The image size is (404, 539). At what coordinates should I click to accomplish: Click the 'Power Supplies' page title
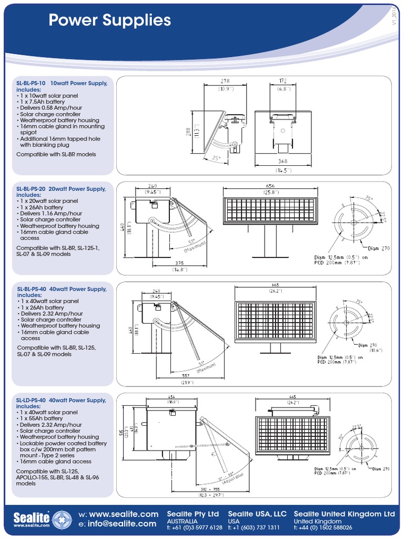click(x=109, y=21)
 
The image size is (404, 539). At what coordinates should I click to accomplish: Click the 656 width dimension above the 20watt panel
click(x=270, y=186)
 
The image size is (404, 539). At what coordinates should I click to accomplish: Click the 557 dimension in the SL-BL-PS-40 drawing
click(x=186, y=376)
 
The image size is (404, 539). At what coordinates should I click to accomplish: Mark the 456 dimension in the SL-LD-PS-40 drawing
click(x=171, y=396)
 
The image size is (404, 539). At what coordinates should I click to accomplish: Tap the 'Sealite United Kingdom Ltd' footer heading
click(x=344, y=513)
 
